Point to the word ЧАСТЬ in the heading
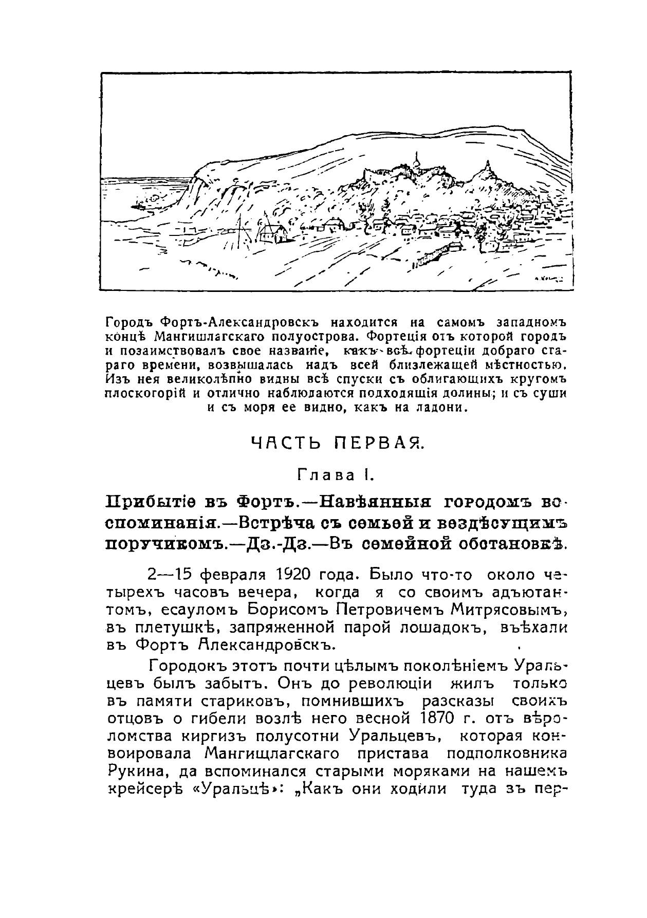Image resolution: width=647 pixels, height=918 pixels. coord(283,443)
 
